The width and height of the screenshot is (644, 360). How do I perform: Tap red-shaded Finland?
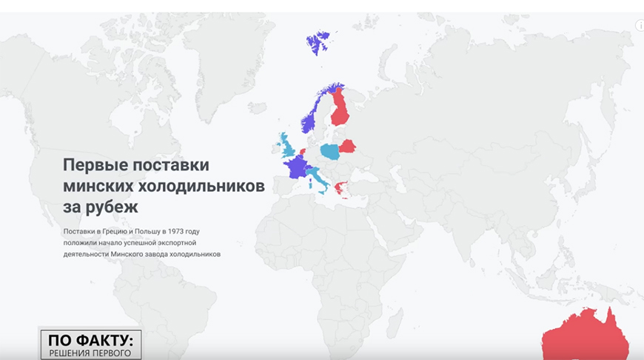341,111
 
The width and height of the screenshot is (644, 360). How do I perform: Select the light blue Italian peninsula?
318,179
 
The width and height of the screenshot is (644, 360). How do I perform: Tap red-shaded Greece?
341,187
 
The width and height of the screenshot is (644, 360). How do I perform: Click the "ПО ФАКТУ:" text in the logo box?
90,340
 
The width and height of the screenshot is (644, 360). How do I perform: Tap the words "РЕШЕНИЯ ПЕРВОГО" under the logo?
90,353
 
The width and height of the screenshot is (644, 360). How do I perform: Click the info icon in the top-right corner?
640,25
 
